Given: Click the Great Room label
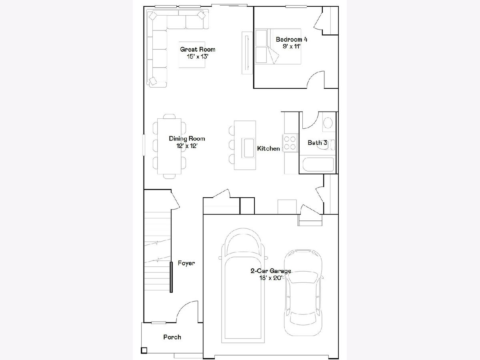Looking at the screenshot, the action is pos(198,49).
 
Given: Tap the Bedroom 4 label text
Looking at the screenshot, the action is pos(292,39).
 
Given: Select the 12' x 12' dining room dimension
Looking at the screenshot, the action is pos(187,146).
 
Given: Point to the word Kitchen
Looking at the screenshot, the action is pos(268,148).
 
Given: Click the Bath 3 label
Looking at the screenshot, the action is pos(317,143).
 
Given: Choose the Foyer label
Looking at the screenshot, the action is pos(186,263).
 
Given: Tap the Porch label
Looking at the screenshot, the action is pos(172,337).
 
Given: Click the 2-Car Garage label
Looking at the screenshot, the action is pos(271,271).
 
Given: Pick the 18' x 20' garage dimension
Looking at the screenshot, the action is pos(271,278).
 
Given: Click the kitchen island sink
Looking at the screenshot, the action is pos(248,148).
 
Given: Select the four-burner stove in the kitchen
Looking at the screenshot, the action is pos(290,142).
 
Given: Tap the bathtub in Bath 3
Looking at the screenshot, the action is pos(318,164).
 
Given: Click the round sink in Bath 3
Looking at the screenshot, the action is pos(328,123).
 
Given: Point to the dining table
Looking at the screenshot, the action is pos(169,146).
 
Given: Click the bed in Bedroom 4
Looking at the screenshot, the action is pos(278,46).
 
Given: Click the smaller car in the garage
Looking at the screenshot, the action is pos(303,292).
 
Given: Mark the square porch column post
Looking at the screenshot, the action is pos(144,350).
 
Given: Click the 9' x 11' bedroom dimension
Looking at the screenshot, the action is pos(292,46).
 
